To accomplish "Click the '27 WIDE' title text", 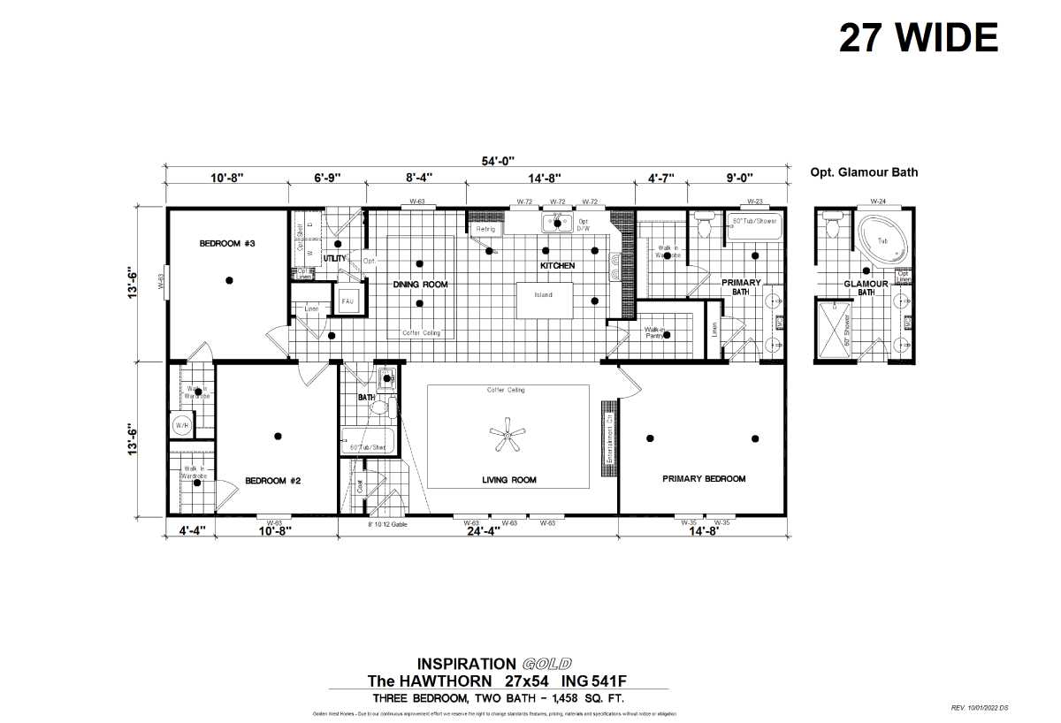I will (918, 38).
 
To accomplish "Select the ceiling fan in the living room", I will (508, 437).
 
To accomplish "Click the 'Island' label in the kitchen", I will (543, 294).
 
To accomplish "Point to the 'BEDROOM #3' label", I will (227, 243).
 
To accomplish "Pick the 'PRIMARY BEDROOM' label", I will (704, 478).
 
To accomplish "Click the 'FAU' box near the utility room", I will (347, 301).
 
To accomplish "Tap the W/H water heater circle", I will (180, 425).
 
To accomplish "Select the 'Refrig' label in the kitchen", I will (485, 229).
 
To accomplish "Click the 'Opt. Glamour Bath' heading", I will (864, 172).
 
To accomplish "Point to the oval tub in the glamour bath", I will (882, 241).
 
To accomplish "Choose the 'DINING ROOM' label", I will (420, 285).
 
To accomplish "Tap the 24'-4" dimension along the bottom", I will (478, 532).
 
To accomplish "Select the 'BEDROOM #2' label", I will (273, 481).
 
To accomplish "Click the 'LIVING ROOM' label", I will (508, 480).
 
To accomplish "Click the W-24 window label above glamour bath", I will (878, 202).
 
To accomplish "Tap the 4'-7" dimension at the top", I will (660, 178).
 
